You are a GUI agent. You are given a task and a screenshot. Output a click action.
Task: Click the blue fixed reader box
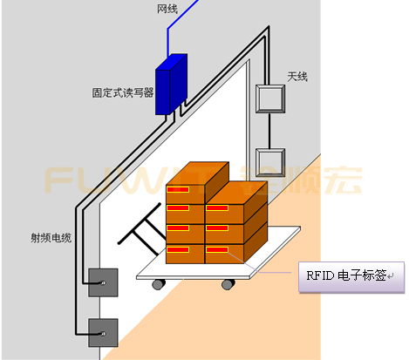point(172,85)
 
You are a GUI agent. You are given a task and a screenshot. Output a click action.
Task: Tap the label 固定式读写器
point(123,90)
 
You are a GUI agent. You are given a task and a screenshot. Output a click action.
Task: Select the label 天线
point(297,76)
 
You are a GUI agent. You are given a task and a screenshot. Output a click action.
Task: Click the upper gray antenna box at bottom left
point(101,283)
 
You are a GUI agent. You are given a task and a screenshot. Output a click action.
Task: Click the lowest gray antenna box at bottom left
point(101,329)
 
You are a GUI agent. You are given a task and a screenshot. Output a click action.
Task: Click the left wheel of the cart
point(158,283)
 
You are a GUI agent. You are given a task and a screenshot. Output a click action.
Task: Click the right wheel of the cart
point(228,283)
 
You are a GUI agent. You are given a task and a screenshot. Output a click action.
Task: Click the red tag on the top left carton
point(178,189)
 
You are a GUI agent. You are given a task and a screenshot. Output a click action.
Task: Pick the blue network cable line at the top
point(169,31)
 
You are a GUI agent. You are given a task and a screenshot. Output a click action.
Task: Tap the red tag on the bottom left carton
point(178,249)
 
